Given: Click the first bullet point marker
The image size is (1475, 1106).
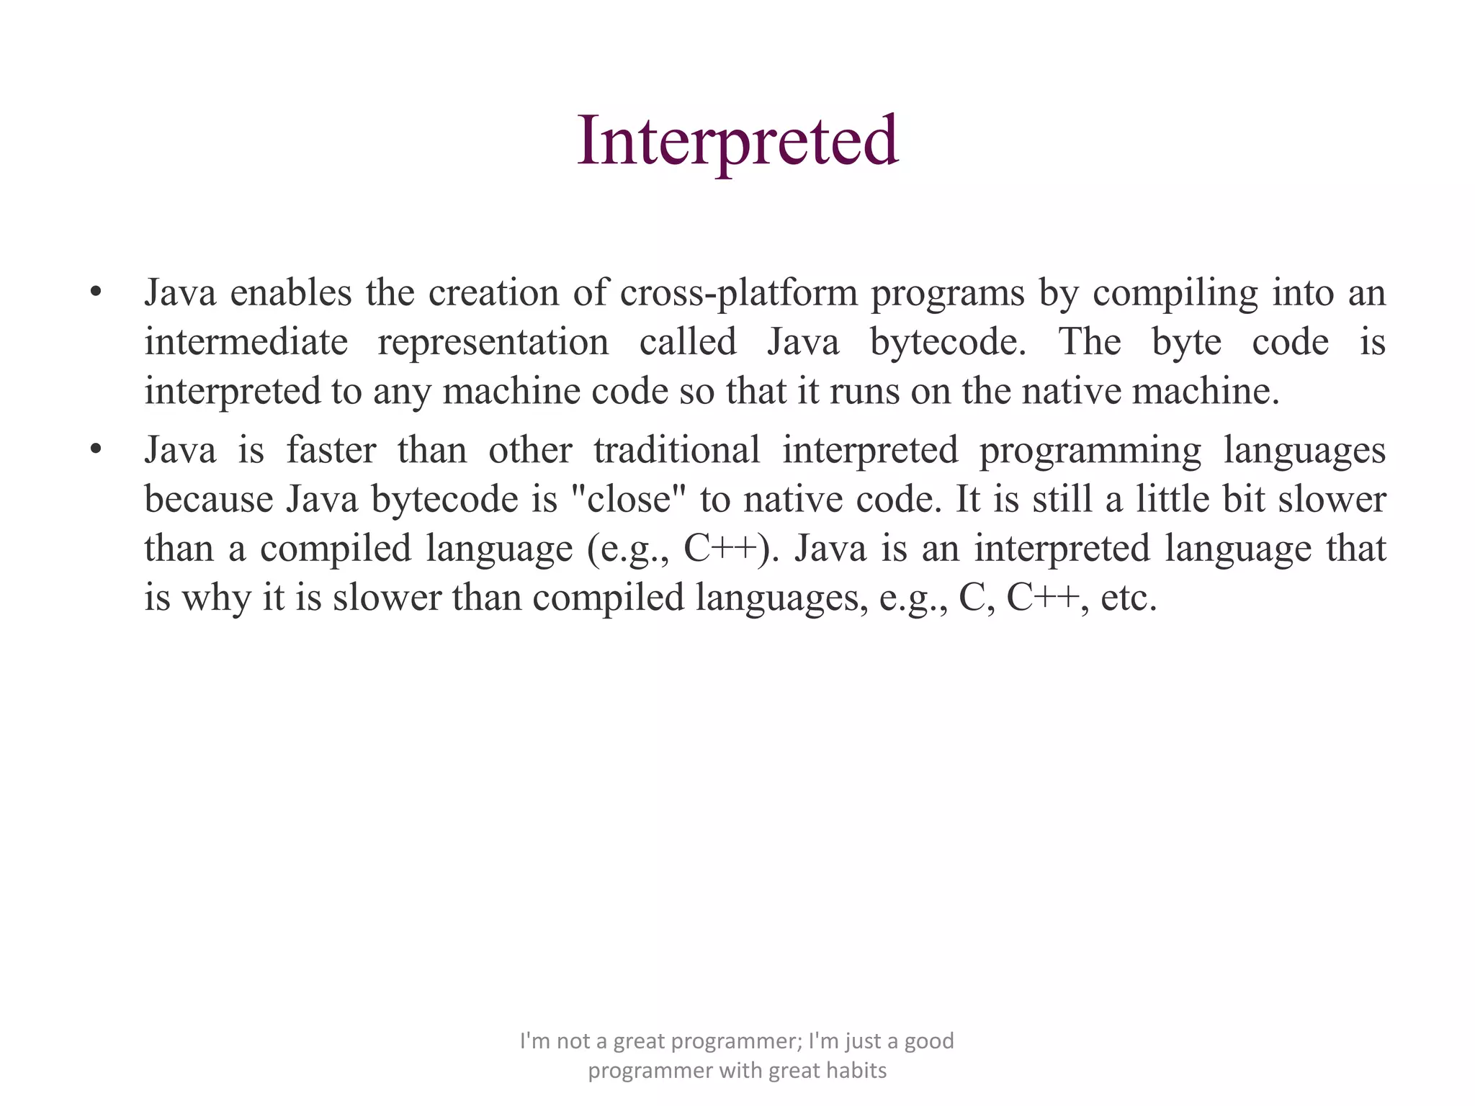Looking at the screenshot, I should [x=95, y=293].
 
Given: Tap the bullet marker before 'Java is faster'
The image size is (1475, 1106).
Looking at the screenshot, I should [x=95, y=450].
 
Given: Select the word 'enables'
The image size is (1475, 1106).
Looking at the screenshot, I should [x=291, y=293].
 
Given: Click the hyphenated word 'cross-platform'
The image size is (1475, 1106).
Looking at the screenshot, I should [x=738, y=293].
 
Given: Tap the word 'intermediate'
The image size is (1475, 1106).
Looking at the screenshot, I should [x=246, y=342].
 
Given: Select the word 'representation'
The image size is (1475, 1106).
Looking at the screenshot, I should [x=493, y=343].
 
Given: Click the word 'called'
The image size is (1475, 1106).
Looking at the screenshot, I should [x=688, y=342].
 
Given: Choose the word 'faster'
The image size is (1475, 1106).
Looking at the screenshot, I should [x=331, y=451].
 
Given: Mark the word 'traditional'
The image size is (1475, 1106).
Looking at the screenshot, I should [x=677, y=451].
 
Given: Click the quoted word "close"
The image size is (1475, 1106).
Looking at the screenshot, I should [x=628, y=499].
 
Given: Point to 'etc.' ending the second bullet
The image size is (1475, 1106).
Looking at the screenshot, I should [x=1129, y=598].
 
